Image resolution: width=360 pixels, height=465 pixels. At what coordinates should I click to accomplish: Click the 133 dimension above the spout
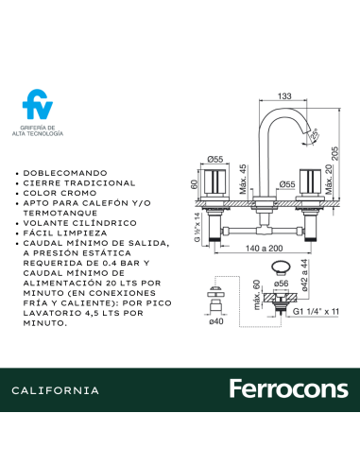pyautogui.click(x=284, y=95)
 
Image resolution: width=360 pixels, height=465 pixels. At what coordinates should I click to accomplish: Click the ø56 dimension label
pyautogui.click(x=281, y=283)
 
